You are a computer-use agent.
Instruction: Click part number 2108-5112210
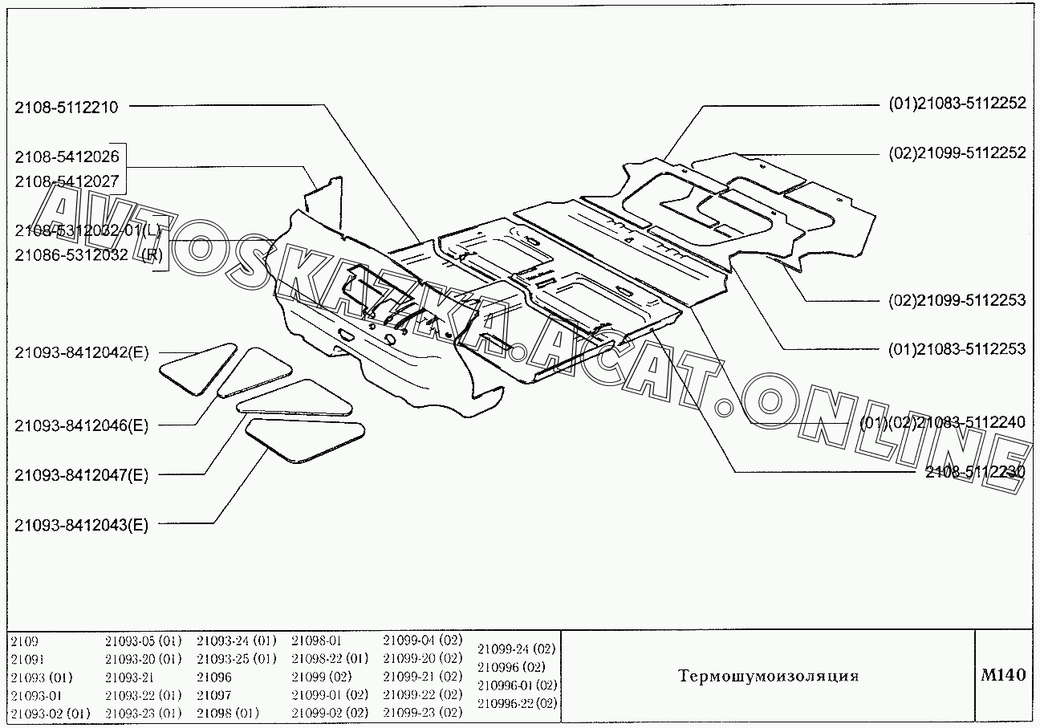[x=66, y=106]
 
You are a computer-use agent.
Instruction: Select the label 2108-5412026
[x=66, y=157]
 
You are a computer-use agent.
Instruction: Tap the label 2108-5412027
[x=66, y=181]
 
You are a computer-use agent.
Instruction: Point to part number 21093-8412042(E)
[x=81, y=352]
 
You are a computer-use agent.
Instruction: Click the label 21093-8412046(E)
[x=81, y=425]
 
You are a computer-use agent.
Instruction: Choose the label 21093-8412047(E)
[x=81, y=475]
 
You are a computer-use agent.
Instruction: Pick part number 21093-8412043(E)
[x=81, y=526]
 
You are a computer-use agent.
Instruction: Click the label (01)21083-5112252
[x=957, y=103]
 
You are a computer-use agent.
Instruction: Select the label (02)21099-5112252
[x=957, y=153]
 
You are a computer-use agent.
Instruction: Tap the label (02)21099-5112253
[x=957, y=300]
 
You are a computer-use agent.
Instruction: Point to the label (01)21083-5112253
[x=957, y=349]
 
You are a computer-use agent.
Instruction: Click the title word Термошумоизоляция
[x=768, y=676]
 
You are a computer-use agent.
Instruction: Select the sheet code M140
[x=1003, y=675]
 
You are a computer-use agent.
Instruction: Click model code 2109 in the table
[x=24, y=641]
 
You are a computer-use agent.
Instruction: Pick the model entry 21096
[x=213, y=677]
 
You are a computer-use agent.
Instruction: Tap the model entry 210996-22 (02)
[x=516, y=703]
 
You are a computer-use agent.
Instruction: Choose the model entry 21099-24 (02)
[x=516, y=649]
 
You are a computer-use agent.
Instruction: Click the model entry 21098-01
[x=316, y=641]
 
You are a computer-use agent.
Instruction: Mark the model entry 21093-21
[x=128, y=677]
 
